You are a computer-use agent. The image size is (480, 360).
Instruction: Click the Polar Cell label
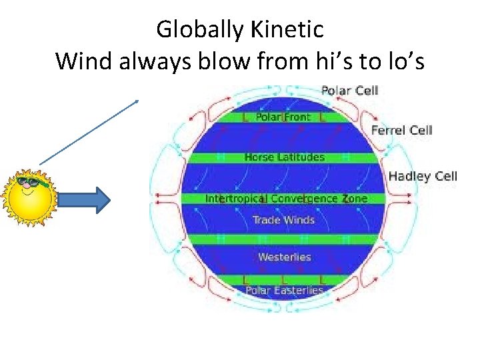[349, 90]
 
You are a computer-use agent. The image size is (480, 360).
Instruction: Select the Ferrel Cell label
[401, 130]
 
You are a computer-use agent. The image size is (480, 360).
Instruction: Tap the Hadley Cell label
[423, 176]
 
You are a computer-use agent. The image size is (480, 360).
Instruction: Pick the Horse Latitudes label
[284, 157]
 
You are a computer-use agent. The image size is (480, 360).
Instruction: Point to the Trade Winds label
[283, 219]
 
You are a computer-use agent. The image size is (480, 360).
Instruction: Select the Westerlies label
[284, 257]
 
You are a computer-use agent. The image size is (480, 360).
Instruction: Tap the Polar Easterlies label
[284, 290]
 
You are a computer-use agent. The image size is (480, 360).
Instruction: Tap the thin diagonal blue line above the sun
[88, 131]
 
